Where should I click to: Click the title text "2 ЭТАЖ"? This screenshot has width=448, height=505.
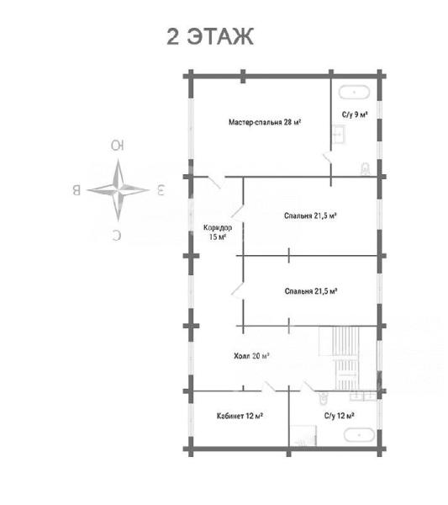click(x=210, y=36)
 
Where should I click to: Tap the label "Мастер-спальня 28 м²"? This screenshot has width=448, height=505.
click(x=265, y=122)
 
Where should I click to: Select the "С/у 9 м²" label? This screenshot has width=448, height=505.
click(x=355, y=114)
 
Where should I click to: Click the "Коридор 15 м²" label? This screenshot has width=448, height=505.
click(x=218, y=232)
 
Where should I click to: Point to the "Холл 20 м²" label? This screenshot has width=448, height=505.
click(x=251, y=356)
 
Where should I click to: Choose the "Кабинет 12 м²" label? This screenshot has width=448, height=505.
click(x=240, y=416)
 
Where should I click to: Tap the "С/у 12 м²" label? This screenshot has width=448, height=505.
click(x=340, y=416)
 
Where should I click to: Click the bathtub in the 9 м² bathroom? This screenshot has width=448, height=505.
click(x=354, y=92)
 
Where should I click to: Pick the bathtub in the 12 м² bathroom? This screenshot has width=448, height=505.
click(x=359, y=435)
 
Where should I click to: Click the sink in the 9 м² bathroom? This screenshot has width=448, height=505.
click(x=338, y=135)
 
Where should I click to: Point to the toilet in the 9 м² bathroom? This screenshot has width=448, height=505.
click(x=366, y=169)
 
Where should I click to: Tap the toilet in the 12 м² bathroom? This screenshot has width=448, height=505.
click(x=323, y=398)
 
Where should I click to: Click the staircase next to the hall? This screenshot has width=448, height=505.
click(x=345, y=359)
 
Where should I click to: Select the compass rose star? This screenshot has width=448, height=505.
click(x=118, y=190)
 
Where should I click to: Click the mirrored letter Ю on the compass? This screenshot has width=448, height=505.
click(x=118, y=146)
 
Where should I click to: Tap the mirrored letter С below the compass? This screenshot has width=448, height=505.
click(x=117, y=236)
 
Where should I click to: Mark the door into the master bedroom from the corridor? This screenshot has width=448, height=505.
click(x=215, y=182)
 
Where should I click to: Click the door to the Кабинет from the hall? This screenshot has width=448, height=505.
click(x=268, y=386)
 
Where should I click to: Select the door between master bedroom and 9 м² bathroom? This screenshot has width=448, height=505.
click(x=328, y=158)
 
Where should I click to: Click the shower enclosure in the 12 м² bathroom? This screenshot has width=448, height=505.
click(x=303, y=436)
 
